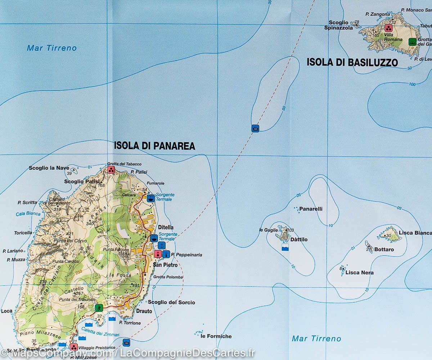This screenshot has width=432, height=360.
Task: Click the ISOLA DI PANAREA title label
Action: click(x=154, y=146)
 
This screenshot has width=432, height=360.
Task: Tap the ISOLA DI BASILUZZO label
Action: click(x=352, y=62)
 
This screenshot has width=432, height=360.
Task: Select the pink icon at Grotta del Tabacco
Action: click(x=111, y=170)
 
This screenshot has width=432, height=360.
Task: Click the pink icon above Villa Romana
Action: click(x=388, y=28)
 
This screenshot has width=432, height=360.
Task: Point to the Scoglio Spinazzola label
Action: click(x=338, y=25)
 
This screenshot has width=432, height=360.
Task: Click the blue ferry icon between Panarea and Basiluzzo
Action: click(x=255, y=128)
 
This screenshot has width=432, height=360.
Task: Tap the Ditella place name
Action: click(x=166, y=227)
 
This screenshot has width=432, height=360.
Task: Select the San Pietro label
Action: click(x=165, y=265)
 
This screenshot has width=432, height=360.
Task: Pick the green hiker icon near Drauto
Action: click(x=99, y=308)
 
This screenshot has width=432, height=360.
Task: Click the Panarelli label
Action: click(x=311, y=209)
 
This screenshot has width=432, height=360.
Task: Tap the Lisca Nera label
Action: click(x=359, y=273)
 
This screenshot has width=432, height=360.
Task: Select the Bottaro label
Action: click(x=384, y=249)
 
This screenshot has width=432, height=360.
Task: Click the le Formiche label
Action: click(x=216, y=336)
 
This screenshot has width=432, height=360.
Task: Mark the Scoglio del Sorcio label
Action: click(x=171, y=302)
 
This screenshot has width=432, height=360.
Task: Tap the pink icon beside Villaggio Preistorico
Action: click(x=74, y=347)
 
